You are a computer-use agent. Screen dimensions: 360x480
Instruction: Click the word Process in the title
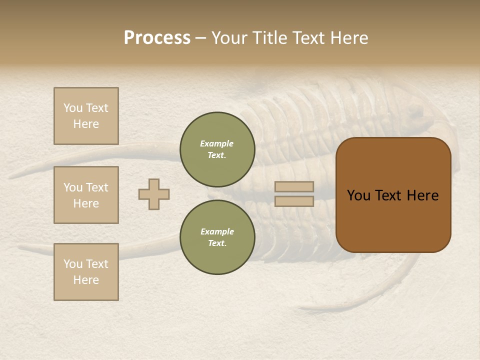coord(157,38)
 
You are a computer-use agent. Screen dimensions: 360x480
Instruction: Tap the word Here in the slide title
coord(349,38)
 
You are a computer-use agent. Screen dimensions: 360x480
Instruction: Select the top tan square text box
coord(86,116)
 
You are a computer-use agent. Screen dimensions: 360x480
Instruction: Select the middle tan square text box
coord(86,195)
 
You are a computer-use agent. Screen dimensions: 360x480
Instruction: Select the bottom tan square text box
coord(86,272)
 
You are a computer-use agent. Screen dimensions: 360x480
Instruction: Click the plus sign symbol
coord(154,194)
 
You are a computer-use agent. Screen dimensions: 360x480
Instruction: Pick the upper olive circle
coord(217,149)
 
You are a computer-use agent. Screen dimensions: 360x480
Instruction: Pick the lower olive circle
coord(217,237)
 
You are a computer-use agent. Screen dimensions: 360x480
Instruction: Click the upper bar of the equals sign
coord(294,186)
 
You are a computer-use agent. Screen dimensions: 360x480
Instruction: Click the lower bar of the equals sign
coord(294,201)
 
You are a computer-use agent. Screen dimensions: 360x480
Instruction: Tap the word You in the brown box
coord(358,195)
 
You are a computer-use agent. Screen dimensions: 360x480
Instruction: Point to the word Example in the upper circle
coord(217,143)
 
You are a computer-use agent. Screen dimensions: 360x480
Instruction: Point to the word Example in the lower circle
coord(217,231)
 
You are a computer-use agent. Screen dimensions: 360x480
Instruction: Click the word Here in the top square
coord(86,124)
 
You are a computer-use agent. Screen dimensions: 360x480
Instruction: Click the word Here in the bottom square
coord(86,280)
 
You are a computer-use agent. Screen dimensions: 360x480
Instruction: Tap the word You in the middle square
coord(73,187)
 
